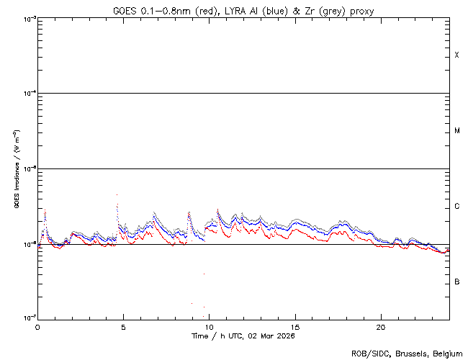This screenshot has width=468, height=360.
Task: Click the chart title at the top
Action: tap(243, 10)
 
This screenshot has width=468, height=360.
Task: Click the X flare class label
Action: tap(456, 55)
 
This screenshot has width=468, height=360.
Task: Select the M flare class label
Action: tap(456, 131)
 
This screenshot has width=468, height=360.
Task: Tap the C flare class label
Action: tap(456, 207)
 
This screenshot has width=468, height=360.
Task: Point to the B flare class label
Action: tap(456, 282)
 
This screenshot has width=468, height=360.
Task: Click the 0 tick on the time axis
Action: tap(37, 326)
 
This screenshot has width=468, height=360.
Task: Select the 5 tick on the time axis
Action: tap(123, 326)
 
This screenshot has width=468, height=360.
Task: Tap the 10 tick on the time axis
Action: tap(209, 326)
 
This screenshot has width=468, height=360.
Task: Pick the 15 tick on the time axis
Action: tap(294, 326)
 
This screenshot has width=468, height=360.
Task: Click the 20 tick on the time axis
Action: tap(381, 326)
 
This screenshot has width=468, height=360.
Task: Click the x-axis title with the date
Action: tap(243, 336)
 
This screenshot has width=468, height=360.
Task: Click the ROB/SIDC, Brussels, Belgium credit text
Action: tap(406, 354)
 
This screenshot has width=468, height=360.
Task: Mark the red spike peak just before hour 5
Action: tap(117, 194)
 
